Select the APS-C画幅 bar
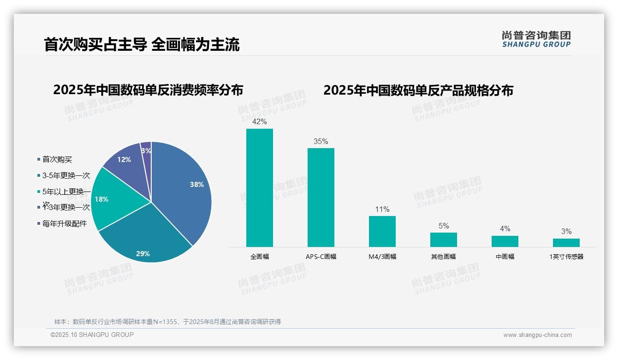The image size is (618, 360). click(x=321, y=197)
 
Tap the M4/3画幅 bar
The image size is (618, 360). click(x=382, y=231)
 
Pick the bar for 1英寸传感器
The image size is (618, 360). click(x=566, y=242)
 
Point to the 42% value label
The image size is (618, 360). click(x=260, y=121)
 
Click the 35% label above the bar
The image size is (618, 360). click(x=321, y=141)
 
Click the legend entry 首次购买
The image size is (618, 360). click(x=57, y=159)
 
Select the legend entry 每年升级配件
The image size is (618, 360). click(x=65, y=224)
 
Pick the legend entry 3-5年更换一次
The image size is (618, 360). click(x=66, y=175)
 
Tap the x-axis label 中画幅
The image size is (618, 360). click(x=505, y=257)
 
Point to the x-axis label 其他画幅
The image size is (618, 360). click(x=444, y=257)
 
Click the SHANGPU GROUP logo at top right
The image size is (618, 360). click(x=536, y=39)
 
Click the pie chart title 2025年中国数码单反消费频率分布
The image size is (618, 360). click(x=148, y=90)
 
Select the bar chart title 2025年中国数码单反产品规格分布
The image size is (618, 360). click(x=418, y=90)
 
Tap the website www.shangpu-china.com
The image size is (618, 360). click(x=537, y=335)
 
